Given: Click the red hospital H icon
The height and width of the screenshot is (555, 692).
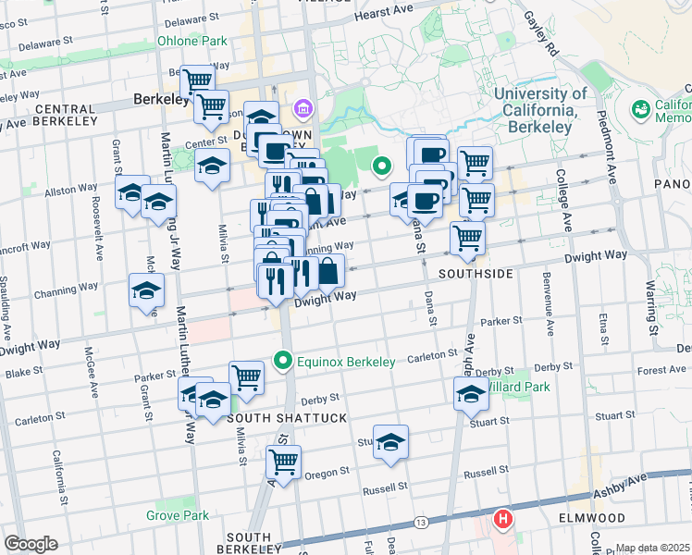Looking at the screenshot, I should coord(503,519).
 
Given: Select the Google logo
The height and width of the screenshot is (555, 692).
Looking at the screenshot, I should coord(31,544).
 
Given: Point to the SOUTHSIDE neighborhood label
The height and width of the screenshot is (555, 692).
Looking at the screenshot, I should coord(475,275).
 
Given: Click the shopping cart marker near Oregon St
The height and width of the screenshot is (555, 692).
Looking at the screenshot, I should coord(284,461).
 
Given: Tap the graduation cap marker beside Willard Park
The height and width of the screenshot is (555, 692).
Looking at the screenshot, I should coord(471,394).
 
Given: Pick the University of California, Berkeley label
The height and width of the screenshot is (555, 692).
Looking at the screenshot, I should coord(540,103).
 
